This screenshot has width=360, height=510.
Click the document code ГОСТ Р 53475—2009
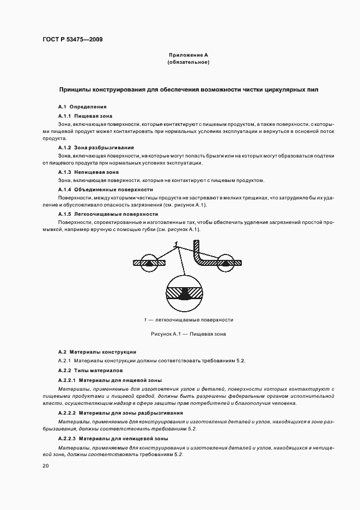72,40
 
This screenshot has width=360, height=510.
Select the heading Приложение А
188,56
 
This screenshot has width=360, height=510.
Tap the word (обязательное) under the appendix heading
188,63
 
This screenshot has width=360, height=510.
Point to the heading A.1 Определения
82,107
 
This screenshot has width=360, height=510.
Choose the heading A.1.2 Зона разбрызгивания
96,148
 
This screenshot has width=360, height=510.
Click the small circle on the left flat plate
149,262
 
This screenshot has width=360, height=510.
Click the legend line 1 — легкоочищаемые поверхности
188,320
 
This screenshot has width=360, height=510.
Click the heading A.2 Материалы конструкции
97,353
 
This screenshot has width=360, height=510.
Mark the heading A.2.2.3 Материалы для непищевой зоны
113,439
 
